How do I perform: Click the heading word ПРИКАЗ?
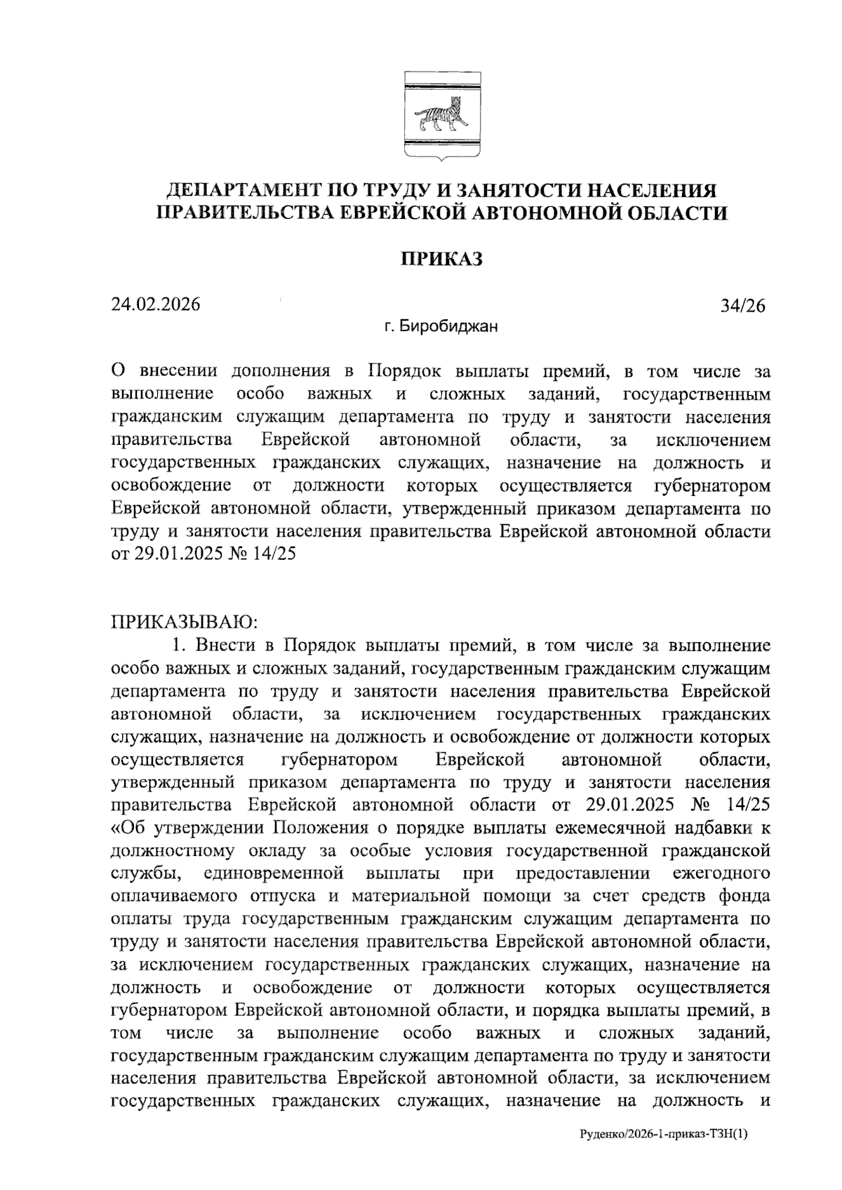(442, 260)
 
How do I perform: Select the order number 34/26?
(742, 306)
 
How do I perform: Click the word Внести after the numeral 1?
(225, 645)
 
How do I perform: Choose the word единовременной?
(273, 874)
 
